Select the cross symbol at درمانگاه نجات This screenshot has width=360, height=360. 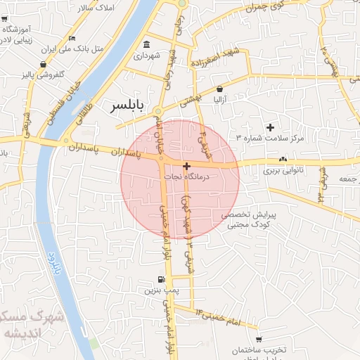coord(186,167)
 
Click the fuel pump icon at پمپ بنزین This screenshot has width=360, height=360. coord(162,280)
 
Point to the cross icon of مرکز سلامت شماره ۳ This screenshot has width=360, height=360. coord(270,127)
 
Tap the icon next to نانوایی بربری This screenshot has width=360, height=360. coord(283,160)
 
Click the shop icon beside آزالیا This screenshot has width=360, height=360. coord(220,89)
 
